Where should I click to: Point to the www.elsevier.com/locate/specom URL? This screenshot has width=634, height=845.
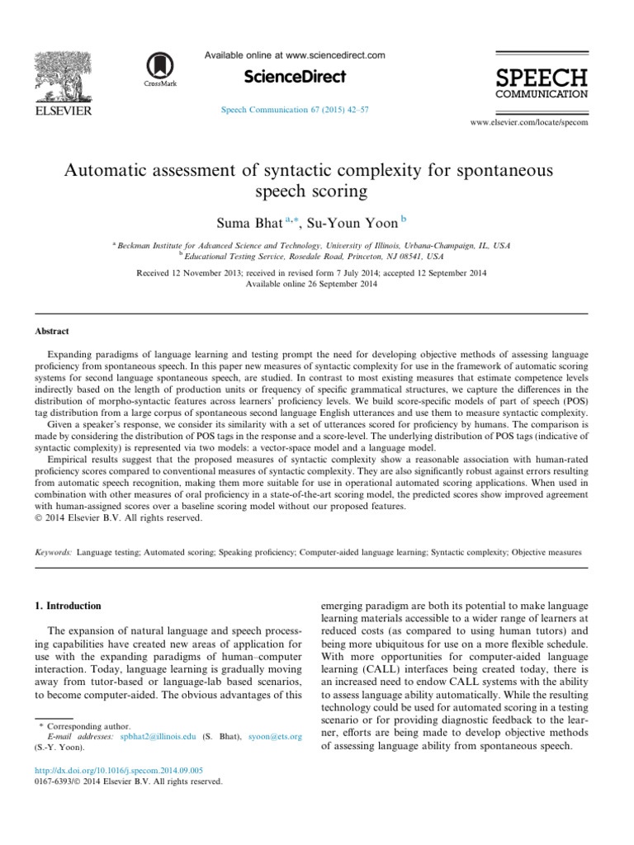529,122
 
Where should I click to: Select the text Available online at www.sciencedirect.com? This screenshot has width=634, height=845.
295,55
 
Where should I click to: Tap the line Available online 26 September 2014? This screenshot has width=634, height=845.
317,285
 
